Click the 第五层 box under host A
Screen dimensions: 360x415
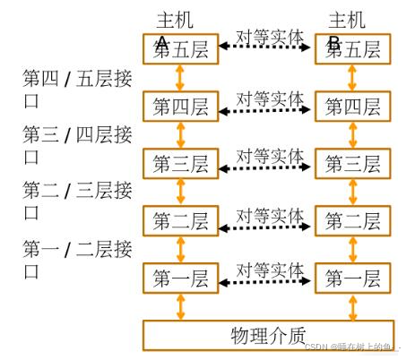pos(180,48)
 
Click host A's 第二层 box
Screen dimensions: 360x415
pos(180,220)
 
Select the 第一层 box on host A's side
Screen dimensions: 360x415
pos(180,279)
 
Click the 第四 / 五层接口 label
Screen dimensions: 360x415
pos(76,87)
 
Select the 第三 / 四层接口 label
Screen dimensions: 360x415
pos(76,144)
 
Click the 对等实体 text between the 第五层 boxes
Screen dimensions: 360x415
pos(269,37)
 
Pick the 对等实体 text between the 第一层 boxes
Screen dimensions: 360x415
pos(269,268)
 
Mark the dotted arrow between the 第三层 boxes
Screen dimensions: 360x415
pos(265,167)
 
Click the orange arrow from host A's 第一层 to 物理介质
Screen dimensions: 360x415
pos(180,306)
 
